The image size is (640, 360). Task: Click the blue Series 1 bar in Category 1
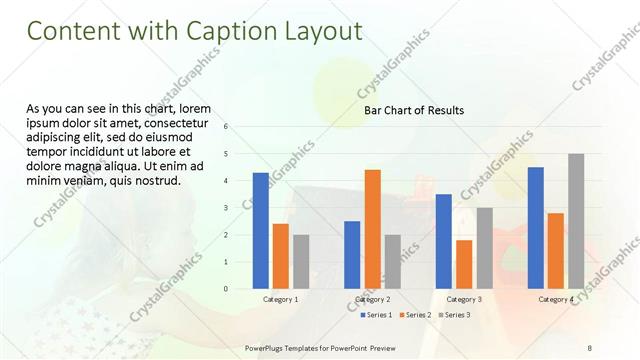[x=260, y=230]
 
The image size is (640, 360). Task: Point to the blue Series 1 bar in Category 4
[x=536, y=227]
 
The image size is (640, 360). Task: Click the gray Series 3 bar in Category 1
[x=301, y=261]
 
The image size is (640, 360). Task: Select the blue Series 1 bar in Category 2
[x=352, y=254]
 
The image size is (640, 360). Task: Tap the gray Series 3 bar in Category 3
[x=484, y=247]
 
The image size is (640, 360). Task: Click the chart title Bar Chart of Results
[x=413, y=110]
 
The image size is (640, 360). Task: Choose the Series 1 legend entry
[x=376, y=316]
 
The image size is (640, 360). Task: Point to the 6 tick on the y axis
[x=227, y=127]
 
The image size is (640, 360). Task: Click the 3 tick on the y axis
[x=227, y=208]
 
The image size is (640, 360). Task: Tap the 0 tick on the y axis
[x=227, y=289]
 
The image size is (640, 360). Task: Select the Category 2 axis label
[x=372, y=299]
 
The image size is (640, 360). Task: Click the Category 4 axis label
[x=556, y=299]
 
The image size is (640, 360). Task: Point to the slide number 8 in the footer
[x=590, y=346]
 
